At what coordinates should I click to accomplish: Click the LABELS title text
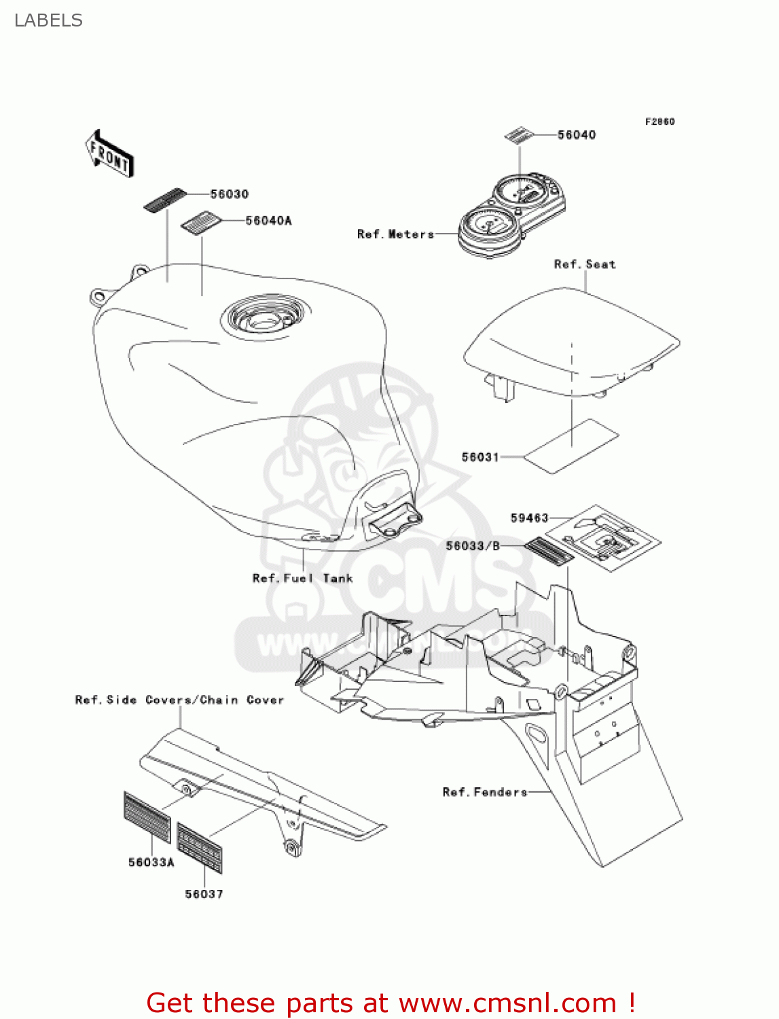[48, 20]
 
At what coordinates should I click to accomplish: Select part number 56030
[229, 194]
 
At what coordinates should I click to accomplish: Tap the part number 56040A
[268, 221]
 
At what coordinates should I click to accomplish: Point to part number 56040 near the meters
[577, 135]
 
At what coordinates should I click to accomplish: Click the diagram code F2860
[659, 122]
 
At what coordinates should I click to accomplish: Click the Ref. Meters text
[395, 234]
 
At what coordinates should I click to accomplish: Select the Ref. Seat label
[585, 264]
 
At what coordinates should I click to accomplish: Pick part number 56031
[480, 457]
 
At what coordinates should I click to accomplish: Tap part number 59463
[529, 518]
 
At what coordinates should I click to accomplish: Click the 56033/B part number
[473, 546]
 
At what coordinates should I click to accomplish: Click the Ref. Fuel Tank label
[302, 579]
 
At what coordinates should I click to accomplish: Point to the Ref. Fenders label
[484, 792]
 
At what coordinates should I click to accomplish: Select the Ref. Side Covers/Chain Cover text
[179, 700]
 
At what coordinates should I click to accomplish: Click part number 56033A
[151, 863]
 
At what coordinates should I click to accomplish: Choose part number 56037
[204, 895]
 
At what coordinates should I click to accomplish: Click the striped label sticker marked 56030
[164, 200]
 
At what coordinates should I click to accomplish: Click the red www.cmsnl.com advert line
[391, 1003]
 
